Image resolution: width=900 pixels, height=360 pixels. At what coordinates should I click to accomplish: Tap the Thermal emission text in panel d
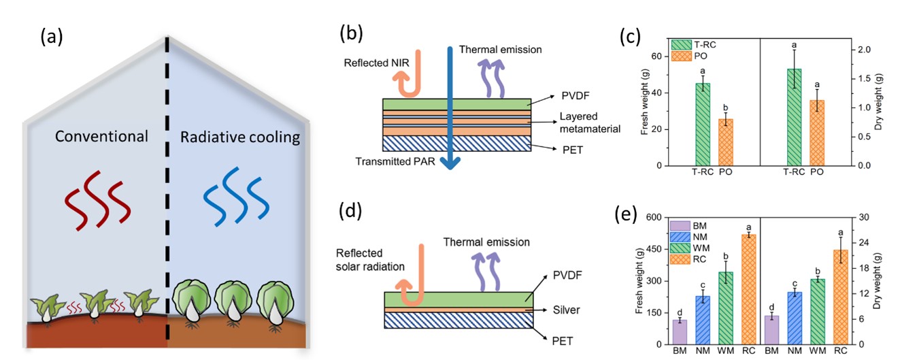486,242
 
